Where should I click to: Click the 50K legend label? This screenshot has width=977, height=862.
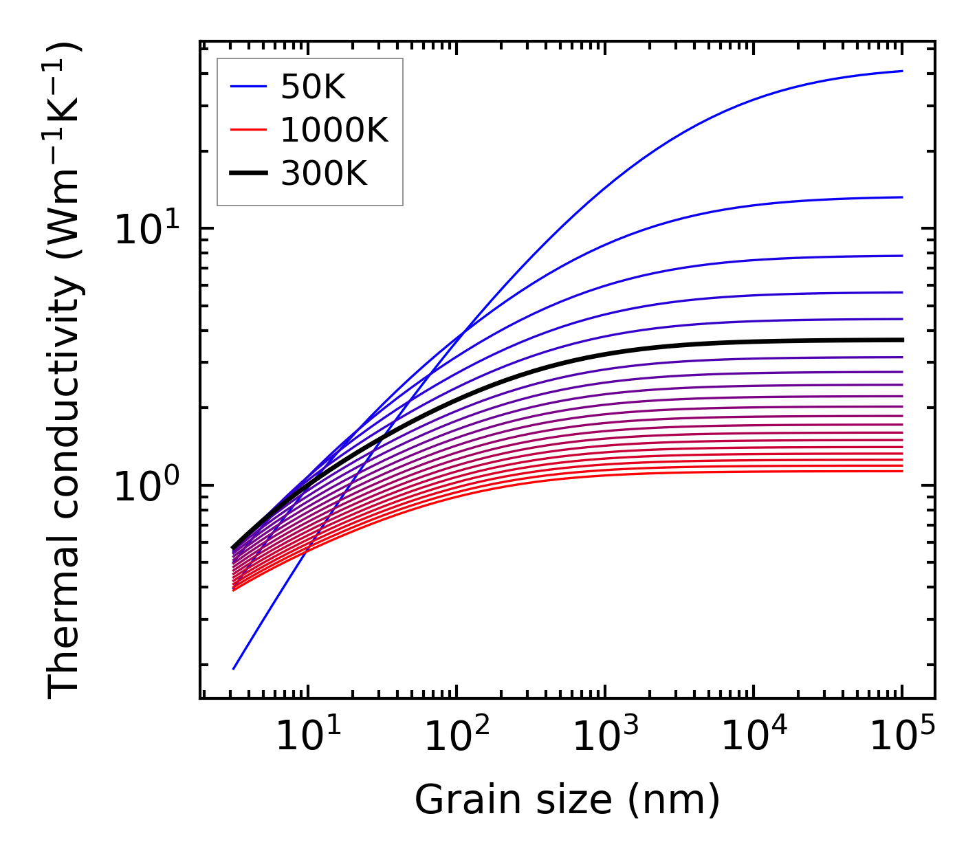(313, 87)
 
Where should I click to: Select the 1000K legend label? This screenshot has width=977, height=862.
(334, 130)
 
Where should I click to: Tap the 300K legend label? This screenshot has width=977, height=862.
(324, 174)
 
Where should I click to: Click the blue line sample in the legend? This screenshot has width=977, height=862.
(248, 87)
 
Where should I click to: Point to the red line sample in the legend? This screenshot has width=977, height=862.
(248, 130)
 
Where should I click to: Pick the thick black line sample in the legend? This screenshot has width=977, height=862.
(248, 174)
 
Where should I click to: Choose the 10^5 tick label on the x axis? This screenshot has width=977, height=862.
(901, 738)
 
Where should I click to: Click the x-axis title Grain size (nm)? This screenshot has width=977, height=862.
(567, 800)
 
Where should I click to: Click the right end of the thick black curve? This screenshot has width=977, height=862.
(901, 340)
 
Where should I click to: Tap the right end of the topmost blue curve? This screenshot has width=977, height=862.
(901, 71)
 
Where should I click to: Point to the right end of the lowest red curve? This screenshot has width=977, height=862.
(901, 471)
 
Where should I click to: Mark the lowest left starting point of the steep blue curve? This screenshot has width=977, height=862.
(234, 668)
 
